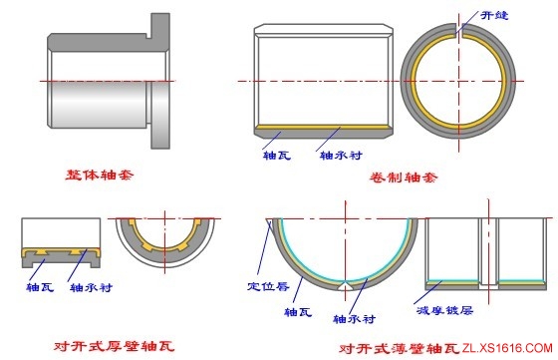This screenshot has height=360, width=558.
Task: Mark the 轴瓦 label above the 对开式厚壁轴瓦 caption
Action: (41, 287)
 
